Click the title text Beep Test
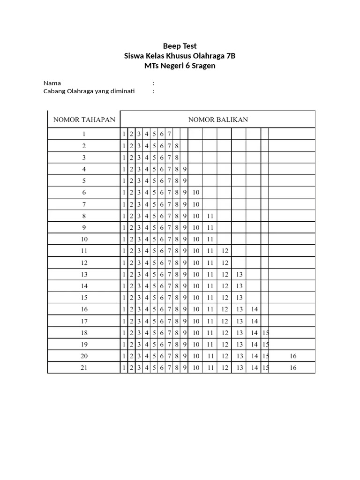click(180, 46)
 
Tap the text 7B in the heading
click(231, 56)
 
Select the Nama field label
click(52, 83)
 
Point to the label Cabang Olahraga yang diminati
click(89, 91)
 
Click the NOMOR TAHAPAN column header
click(84, 120)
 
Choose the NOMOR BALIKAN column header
click(218, 120)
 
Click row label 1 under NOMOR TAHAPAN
click(84, 134)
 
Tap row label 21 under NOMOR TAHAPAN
click(84, 368)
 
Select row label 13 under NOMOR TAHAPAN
click(84, 274)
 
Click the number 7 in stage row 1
click(169, 134)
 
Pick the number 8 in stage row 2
click(177, 146)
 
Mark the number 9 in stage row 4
click(185, 169)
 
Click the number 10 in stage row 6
click(196, 193)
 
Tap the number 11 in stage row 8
click(210, 216)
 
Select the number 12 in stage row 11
click(225, 251)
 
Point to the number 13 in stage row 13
click(240, 274)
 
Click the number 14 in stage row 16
click(254, 309)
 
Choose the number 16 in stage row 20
click(293, 356)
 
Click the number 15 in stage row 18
click(266, 333)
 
